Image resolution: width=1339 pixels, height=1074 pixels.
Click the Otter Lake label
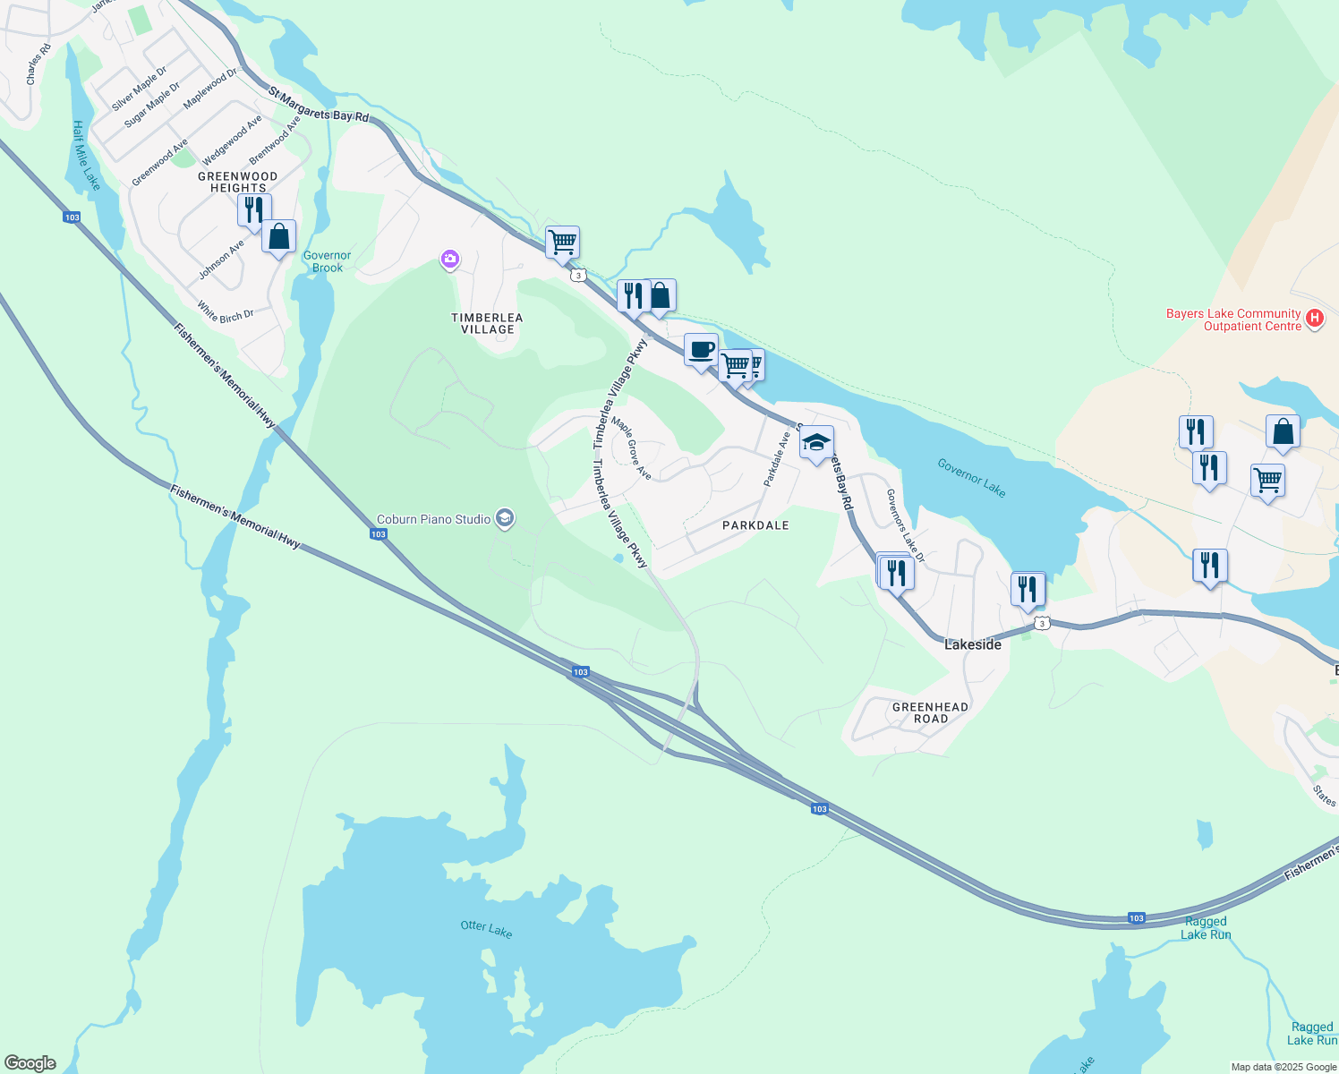point(486,930)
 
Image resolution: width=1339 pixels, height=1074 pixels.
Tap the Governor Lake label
point(971,477)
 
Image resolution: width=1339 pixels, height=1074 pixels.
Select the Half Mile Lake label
point(86,155)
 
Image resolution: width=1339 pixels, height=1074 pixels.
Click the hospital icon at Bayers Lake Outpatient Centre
point(1315,319)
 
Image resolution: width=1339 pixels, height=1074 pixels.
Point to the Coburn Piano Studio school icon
point(505,519)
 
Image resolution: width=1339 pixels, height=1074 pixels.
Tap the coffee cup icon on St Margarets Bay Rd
point(701,350)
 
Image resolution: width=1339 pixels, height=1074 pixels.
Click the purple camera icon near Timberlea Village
point(449,260)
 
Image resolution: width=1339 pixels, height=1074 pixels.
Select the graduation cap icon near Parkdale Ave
point(816,442)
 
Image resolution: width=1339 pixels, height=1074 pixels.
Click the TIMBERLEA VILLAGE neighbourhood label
point(487,324)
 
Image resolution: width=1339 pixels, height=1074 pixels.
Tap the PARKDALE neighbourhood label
point(755,525)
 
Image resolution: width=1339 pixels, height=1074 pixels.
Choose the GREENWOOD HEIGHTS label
point(237,182)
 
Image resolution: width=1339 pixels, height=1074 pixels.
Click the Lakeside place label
point(973,644)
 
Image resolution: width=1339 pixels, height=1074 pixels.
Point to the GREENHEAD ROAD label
point(930,712)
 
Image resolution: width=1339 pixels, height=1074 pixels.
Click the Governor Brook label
point(327,261)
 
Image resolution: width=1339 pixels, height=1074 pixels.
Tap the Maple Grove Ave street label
point(631,450)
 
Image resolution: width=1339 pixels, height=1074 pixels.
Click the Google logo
point(30,1063)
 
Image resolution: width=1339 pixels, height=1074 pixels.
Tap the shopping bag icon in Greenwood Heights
point(279,237)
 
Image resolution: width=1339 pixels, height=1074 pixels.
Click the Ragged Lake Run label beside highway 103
point(1206,927)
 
